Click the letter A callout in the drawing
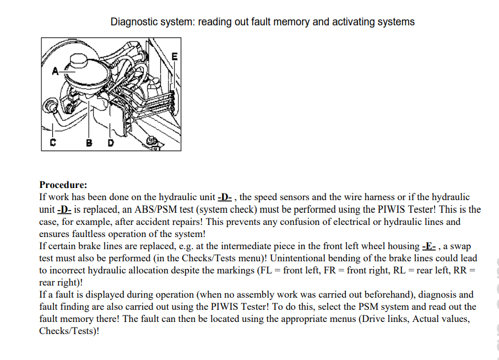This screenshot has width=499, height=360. coord(55,71)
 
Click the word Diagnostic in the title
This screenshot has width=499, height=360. coord(134,22)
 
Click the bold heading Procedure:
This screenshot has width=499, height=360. coord(63,185)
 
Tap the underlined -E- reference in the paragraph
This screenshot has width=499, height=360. coord(429,246)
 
